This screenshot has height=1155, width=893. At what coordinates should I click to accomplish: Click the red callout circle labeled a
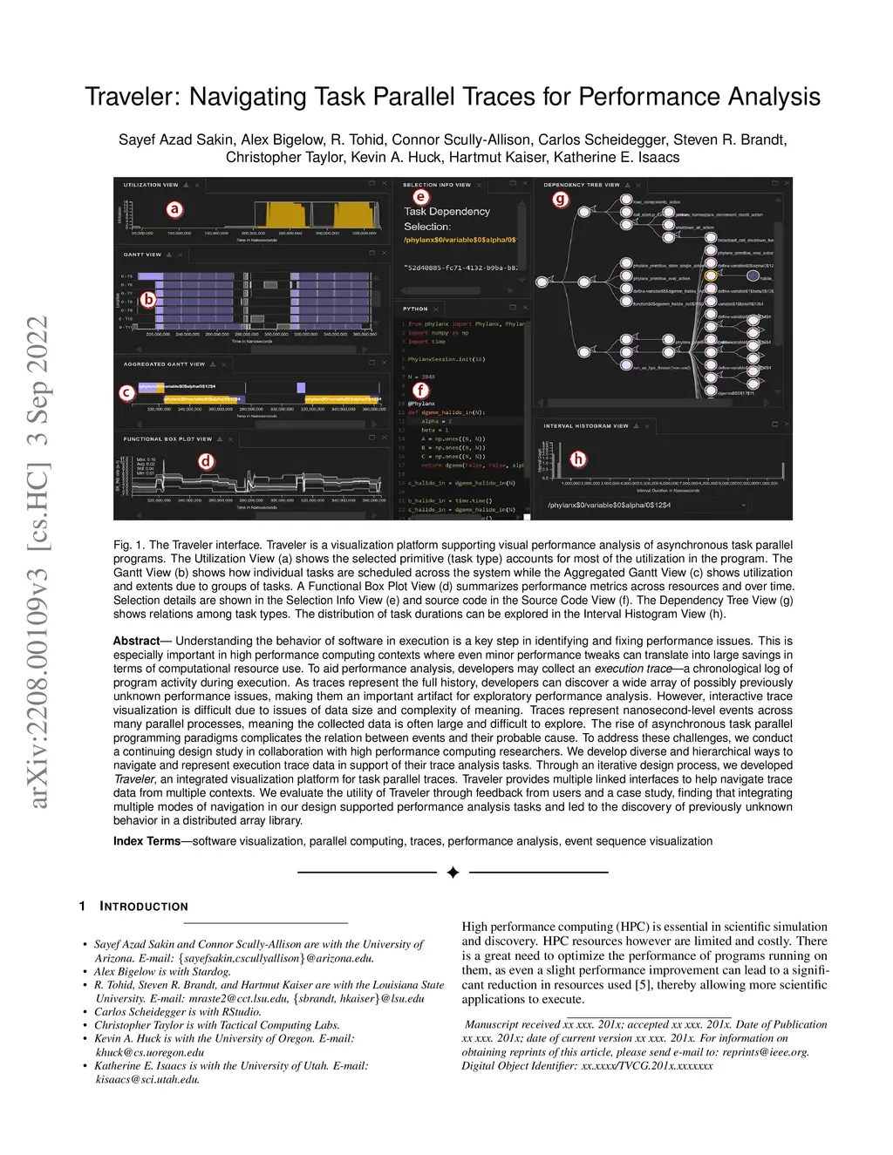click(x=174, y=209)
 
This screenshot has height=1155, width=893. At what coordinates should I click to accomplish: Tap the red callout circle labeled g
click(x=560, y=199)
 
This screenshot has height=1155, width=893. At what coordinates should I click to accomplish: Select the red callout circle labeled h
click(x=577, y=459)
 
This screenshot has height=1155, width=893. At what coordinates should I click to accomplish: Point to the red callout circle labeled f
click(x=421, y=391)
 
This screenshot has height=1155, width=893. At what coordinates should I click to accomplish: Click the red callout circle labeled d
click(x=206, y=461)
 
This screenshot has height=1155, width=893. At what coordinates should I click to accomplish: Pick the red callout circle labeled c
click(x=126, y=392)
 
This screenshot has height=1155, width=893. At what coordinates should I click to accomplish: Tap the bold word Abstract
click(x=136, y=641)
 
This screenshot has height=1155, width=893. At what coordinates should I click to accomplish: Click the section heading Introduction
click(x=144, y=907)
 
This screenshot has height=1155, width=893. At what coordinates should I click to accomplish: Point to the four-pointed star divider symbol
click(x=453, y=873)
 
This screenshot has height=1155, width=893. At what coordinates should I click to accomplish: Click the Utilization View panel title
click(x=150, y=185)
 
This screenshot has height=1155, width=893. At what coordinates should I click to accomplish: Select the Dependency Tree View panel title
click(x=581, y=185)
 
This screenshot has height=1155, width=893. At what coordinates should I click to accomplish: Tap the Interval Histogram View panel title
click(x=585, y=426)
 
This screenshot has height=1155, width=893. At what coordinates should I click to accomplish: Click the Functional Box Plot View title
click(x=167, y=439)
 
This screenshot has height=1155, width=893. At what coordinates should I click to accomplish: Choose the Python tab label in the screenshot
click(x=415, y=309)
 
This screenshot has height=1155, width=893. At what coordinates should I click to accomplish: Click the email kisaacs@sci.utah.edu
click(x=147, y=1079)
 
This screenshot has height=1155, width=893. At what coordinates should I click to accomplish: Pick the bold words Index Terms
click(x=147, y=841)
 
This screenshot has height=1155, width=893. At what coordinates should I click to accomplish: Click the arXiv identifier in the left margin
click(x=38, y=562)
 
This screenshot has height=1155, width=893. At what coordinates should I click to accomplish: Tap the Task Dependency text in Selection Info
click(x=446, y=212)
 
